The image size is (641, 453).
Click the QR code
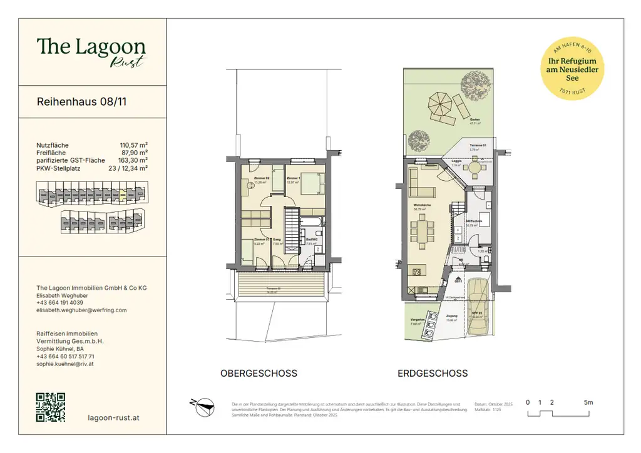click(x=51, y=407)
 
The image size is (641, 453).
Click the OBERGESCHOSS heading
click(x=259, y=374)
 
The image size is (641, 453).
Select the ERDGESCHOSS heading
click(x=433, y=374)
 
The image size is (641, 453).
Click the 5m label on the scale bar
click(x=588, y=402)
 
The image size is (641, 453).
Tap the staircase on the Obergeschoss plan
click(x=292, y=228)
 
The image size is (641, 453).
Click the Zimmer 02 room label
click(x=260, y=179)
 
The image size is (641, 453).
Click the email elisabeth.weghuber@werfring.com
click(x=81, y=310)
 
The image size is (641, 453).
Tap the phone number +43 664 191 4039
click(x=60, y=302)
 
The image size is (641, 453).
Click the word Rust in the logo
click(x=128, y=61)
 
